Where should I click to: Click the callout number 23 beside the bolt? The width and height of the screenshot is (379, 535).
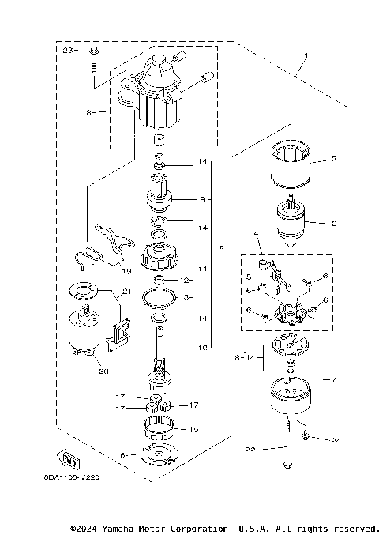(67, 50)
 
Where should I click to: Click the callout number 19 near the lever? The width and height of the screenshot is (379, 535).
(126, 270)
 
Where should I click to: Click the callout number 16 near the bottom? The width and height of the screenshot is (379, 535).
(121, 455)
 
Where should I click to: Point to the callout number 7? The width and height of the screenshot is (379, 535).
(334, 379)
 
